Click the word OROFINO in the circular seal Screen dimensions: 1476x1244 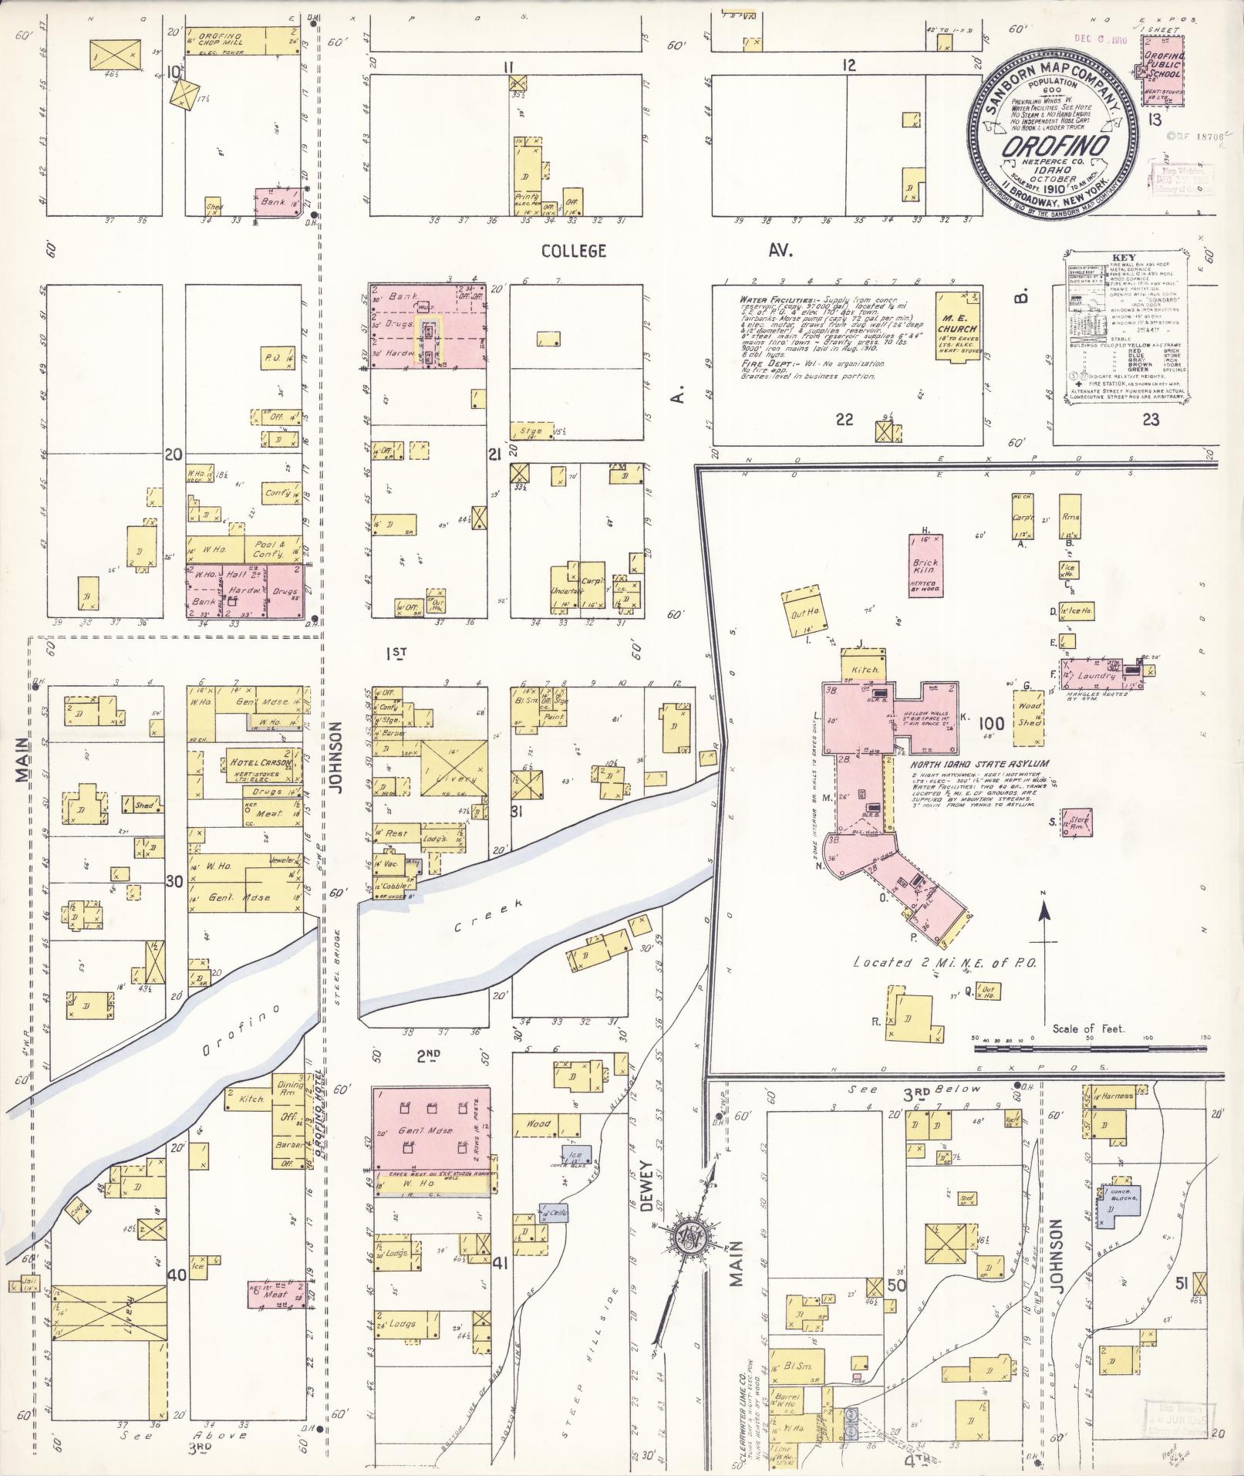(1055, 147)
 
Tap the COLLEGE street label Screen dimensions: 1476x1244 (573, 251)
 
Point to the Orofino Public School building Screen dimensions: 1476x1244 (1163, 74)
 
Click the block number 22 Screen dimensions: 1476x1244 (845, 419)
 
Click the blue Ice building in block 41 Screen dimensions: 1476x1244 (578, 1155)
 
